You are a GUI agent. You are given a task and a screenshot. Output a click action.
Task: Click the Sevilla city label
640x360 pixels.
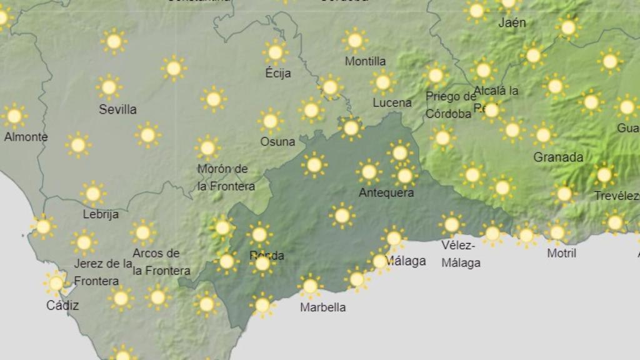point(117,109)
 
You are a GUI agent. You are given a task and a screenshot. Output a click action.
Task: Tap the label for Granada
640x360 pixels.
point(558,157)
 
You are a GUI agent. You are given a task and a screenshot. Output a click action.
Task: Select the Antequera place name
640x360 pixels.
point(386,192)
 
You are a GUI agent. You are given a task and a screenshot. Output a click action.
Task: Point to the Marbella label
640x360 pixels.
point(322,307)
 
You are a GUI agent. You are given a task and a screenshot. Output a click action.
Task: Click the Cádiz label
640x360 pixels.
point(62,306)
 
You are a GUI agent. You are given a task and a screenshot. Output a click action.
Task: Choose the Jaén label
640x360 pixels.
point(512,22)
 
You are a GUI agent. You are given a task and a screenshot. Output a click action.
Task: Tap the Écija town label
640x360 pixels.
point(278,73)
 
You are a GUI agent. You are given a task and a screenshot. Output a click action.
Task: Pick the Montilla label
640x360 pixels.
point(365,61)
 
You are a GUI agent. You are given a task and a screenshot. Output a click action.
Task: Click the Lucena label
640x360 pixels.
point(392,102)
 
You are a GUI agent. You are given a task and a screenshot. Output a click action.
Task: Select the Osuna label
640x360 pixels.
point(277,141)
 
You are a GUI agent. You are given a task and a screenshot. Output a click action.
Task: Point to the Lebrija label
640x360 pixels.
point(101,214)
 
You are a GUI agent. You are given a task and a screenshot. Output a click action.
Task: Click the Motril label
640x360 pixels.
point(561,253)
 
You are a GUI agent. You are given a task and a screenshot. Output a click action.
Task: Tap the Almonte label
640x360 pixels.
point(26,137)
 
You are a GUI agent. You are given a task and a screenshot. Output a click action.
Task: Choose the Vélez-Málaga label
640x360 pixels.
point(461,253)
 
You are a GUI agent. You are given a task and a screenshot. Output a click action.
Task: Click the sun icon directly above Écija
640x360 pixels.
point(275,52)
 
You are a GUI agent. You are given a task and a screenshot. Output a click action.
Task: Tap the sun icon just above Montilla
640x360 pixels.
point(355,41)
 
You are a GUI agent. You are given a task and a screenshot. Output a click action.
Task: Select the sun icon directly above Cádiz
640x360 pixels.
point(56,283)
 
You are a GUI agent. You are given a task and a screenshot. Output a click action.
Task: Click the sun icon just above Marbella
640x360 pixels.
point(310,286)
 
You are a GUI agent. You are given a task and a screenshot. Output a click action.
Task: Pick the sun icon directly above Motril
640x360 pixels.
point(556,232)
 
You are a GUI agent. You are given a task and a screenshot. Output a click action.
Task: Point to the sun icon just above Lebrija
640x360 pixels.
point(92,194)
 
